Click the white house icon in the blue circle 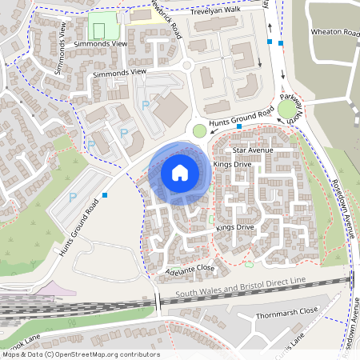180,173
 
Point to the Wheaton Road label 336,33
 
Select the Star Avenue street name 253,150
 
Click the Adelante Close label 190,269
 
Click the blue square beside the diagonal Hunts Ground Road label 105,194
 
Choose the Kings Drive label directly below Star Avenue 233,165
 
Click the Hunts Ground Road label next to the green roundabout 236,119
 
